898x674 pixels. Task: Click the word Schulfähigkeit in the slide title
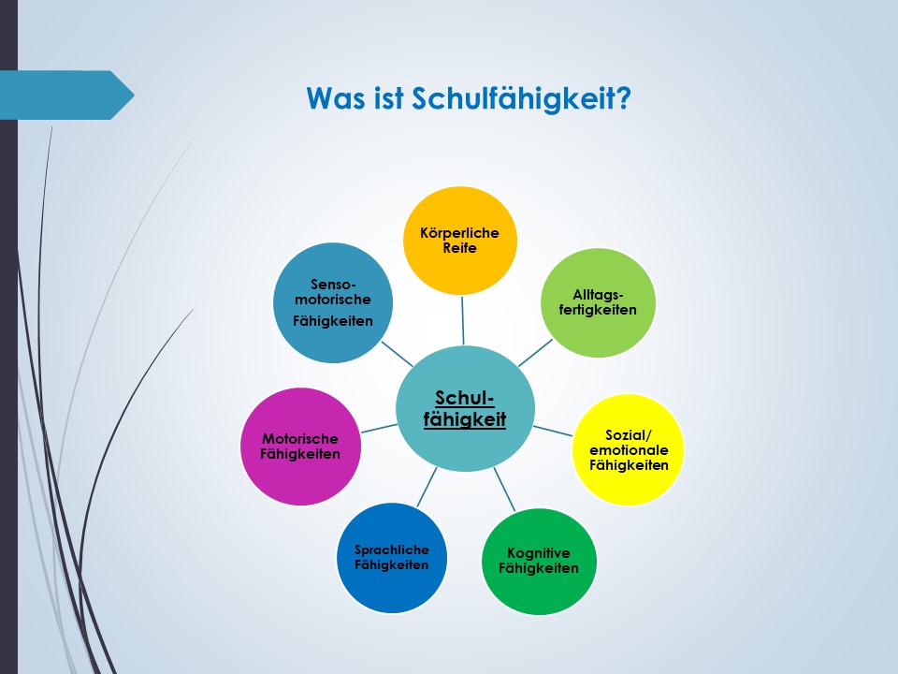(x=521, y=98)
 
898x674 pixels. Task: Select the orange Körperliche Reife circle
(x=460, y=241)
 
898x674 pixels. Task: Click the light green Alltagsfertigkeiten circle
(x=598, y=302)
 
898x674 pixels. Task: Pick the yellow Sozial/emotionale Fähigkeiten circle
(x=629, y=450)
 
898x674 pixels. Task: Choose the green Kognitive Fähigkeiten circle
(x=539, y=561)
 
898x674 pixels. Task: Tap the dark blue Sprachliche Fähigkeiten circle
(x=392, y=558)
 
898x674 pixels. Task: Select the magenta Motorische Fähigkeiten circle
(x=300, y=447)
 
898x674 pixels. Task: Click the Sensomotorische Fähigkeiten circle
(x=333, y=302)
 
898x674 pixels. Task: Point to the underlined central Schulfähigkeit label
(x=465, y=409)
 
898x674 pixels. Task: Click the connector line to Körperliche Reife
(x=463, y=320)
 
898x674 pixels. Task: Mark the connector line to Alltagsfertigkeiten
(x=535, y=353)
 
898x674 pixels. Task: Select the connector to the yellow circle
(x=553, y=431)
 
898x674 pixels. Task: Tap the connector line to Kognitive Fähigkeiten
(x=504, y=490)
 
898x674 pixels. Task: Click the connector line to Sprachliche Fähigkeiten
(x=427, y=487)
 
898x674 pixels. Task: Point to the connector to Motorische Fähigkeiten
(x=379, y=428)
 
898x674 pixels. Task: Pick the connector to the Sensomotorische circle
(x=397, y=354)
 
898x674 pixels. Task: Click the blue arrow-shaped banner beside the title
(x=67, y=95)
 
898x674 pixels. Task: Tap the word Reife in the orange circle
(x=460, y=248)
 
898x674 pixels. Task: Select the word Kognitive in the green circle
(x=539, y=553)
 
